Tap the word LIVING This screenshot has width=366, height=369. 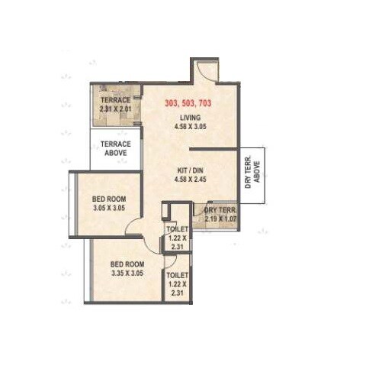click(191, 117)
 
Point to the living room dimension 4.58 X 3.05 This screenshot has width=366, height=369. click(191, 127)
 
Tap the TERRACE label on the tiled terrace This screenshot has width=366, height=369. click(115, 100)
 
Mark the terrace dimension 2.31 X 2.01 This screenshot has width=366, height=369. click(115, 109)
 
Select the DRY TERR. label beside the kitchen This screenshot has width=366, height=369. click(220, 209)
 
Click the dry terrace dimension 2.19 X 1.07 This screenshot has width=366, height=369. click(220, 218)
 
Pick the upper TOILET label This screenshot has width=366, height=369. click(176, 228)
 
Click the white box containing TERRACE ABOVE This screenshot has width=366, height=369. click(116, 150)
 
